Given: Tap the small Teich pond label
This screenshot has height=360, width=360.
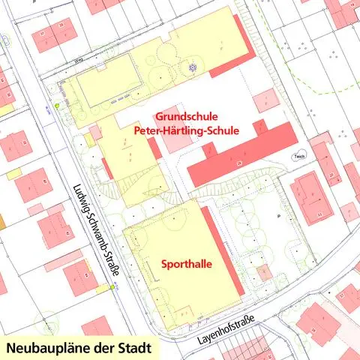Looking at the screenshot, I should click(299, 157).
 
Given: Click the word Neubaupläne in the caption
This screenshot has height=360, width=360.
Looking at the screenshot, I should click(44, 349).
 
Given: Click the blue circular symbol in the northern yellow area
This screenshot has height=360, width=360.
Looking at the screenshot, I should click(193, 67).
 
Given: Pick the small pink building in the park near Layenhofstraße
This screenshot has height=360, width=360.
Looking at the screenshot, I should click(262, 272).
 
